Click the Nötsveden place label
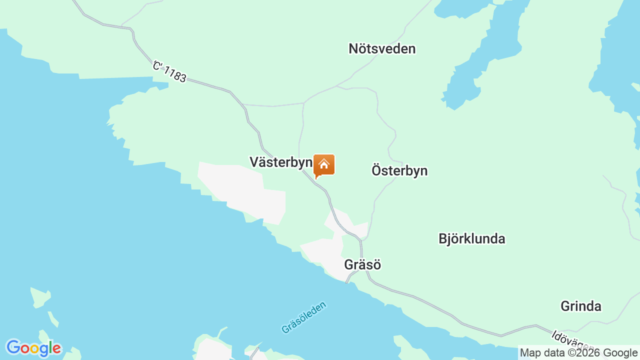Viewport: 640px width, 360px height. tap(382, 49)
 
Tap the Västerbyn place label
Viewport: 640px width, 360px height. tap(280, 162)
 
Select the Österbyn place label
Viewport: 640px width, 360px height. tap(399, 170)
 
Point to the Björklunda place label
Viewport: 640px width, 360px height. tap(471, 239)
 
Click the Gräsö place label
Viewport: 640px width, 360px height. tap(362, 264)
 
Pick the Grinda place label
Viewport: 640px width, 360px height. tap(580, 306)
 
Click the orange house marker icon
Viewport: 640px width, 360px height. tap(324, 165)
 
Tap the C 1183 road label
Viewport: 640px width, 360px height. tap(170, 71)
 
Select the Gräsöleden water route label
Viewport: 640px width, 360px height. tap(303, 317)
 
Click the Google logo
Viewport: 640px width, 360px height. tap(33, 348)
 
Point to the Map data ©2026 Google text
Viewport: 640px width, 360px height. tap(578, 352)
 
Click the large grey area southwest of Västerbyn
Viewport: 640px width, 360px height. tap(240, 190)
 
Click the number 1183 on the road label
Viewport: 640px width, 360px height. tap(175, 74)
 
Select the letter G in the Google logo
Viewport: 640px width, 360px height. tap(13, 347)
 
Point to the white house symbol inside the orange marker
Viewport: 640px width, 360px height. tap(324, 163)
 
